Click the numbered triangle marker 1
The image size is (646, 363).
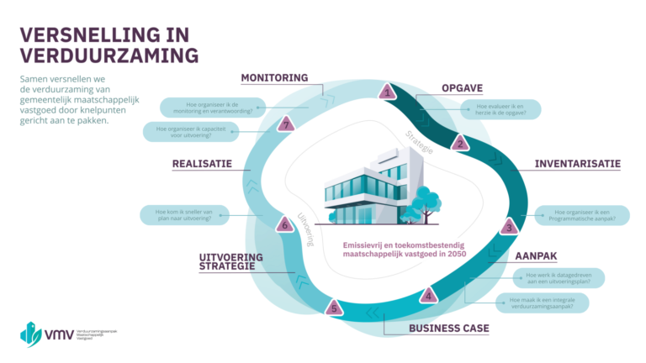pos(386,92)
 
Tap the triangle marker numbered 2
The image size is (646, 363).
pos(458,142)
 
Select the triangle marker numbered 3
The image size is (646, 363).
pos(508,226)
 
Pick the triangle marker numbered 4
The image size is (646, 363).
pos(428,295)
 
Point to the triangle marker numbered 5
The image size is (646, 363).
pos(335,308)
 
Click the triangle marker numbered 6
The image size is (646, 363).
pos(285,224)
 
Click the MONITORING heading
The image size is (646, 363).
pos(274,77)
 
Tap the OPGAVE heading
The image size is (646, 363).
pos(463,88)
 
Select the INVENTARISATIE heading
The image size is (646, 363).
pos(577,163)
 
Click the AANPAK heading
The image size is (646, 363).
pos(536,255)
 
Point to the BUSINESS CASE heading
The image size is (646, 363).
pos(448,328)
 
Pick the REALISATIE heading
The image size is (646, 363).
pos(202,164)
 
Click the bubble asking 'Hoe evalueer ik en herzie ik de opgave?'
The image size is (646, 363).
pos(501,110)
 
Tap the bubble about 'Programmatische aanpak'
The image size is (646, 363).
pos(580,215)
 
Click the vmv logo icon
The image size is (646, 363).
pos(31,333)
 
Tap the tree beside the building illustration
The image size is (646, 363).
pos(427,203)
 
